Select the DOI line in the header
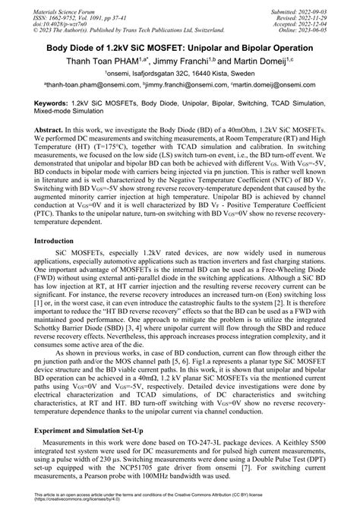click(41, 25)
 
